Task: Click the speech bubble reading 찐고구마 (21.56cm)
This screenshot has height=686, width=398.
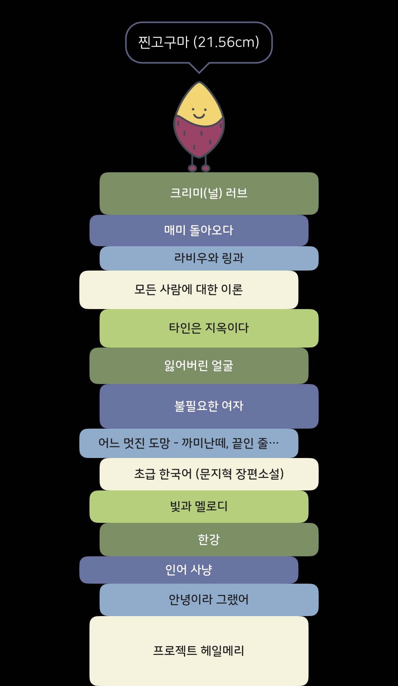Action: coord(199,43)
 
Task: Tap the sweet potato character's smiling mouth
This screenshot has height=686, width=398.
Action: coord(199,116)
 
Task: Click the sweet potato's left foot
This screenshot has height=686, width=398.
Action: coord(192,168)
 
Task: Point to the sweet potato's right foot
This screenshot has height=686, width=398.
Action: coord(206,168)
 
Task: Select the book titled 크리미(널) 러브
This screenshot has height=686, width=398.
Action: coord(209,193)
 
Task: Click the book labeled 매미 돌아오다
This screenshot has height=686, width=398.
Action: coord(199,230)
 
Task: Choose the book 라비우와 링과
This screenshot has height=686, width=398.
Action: coord(209,258)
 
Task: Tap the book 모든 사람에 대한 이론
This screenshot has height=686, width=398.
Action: coord(189,290)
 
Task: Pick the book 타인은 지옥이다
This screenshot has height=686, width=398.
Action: coord(209,328)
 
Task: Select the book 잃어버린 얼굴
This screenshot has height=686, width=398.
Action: coord(199,366)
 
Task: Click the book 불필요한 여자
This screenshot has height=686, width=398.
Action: coord(209,406)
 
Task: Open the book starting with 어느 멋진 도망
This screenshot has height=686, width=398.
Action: coord(189,443)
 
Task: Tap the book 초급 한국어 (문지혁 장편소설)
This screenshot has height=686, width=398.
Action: coord(209,474)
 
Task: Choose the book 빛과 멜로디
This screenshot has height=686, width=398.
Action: coord(199,507)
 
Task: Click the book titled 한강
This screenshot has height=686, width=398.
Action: coord(209,539)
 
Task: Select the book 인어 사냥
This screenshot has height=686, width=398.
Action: coord(189,570)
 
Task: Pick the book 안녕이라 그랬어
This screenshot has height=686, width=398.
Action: coord(209,600)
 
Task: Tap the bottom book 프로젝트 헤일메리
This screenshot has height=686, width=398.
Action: coord(199,651)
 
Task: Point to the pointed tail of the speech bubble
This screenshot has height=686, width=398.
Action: coord(199,72)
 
